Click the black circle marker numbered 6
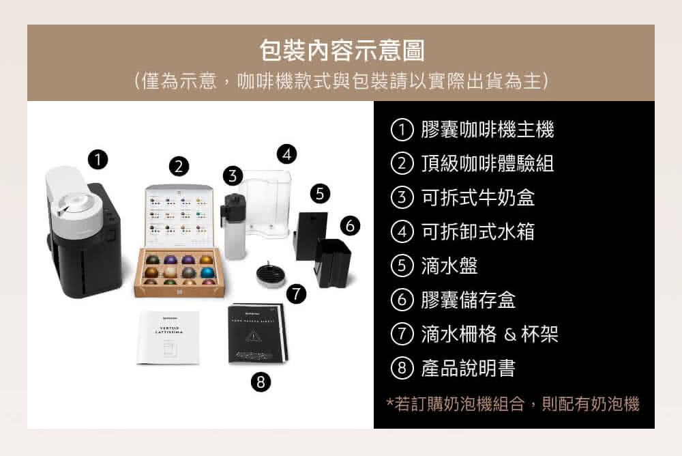click(x=349, y=226)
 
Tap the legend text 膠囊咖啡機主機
click(x=487, y=129)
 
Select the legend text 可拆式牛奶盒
click(x=477, y=197)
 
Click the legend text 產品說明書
click(x=468, y=369)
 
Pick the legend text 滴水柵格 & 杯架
click(x=489, y=334)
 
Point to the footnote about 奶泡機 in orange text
click(x=513, y=404)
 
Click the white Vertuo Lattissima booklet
click(x=168, y=337)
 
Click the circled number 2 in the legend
click(x=402, y=163)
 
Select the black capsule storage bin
click(x=332, y=262)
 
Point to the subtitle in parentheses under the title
click(x=341, y=82)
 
